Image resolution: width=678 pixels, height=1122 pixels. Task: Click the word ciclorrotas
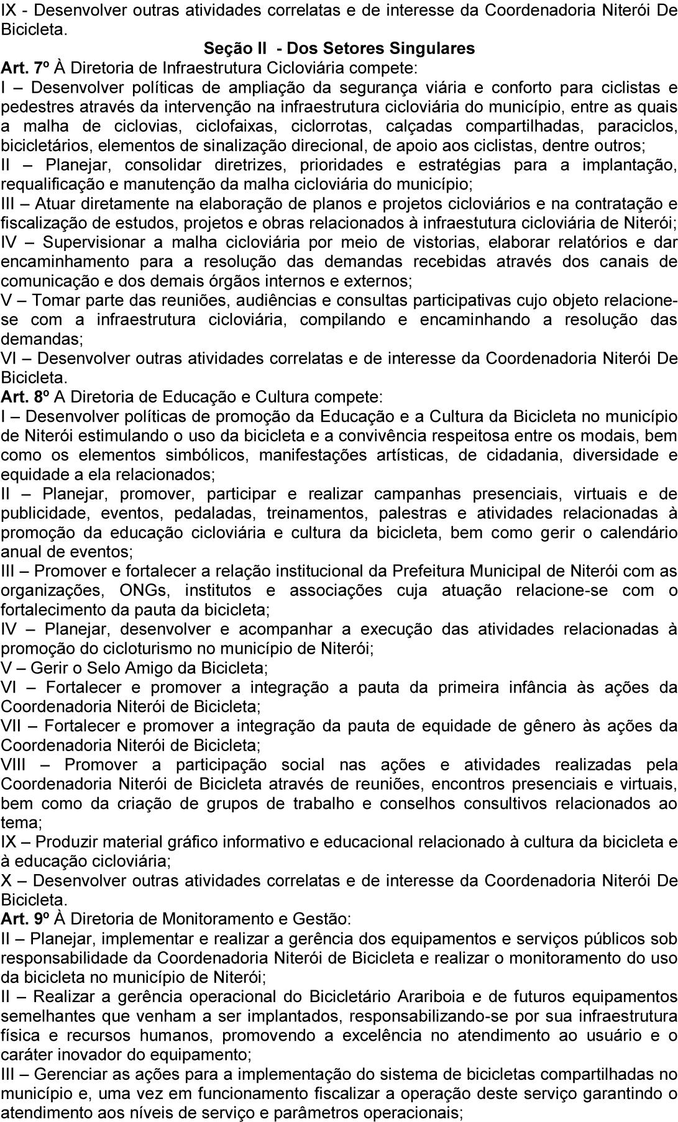click(x=328, y=126)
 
